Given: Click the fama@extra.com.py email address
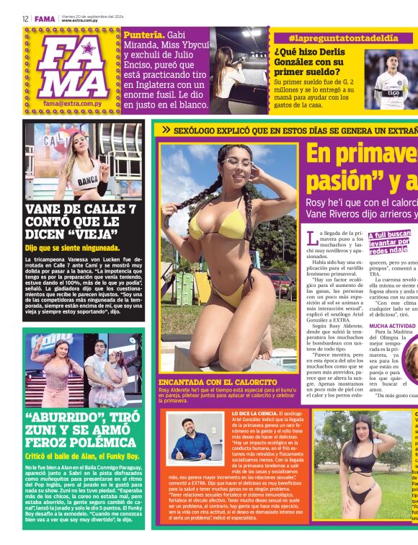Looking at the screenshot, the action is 71,104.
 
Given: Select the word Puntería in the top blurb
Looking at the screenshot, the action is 143,35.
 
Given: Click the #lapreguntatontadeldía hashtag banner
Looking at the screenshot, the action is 332,37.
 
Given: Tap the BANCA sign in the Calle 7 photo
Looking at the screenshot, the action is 87,181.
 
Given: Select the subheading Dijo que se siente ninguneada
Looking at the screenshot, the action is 72,248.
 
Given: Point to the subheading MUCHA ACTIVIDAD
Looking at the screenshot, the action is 392,326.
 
